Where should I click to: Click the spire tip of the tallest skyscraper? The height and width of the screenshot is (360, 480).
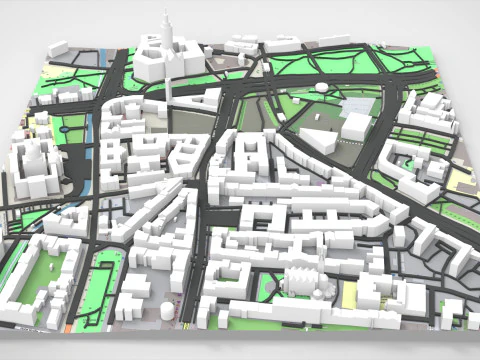pos(166,12)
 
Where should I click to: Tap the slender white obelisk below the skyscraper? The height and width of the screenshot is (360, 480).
pos(170,84)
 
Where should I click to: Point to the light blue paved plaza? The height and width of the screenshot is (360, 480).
pos(356,104)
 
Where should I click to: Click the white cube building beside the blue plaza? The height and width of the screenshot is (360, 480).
pos(357,126)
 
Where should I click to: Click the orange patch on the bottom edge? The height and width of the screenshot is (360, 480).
pos(68,326)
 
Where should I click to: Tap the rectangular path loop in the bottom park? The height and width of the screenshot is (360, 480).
pos(104,286)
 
